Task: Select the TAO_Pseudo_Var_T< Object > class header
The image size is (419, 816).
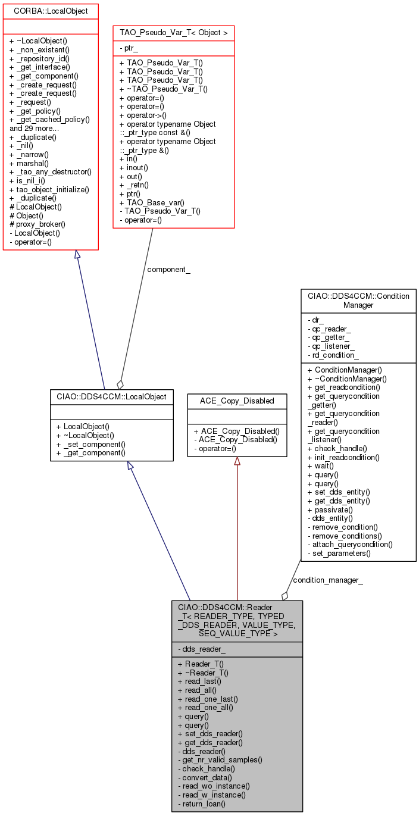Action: click(173, 32)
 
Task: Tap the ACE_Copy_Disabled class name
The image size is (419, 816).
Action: click(237, 401)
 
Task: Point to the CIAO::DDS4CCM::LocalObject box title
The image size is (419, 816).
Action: click(112, 396)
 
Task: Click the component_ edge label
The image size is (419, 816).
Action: click(169, 270)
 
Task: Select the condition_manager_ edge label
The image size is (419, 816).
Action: click(328, 580)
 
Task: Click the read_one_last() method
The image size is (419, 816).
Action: click(208, 699)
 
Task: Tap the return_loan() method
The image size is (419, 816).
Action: click(202, 804)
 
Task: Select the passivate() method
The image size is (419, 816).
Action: click(330, 509)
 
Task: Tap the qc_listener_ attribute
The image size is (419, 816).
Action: click(333, 346)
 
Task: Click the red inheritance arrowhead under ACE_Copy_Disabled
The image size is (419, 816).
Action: click(237, 461)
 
